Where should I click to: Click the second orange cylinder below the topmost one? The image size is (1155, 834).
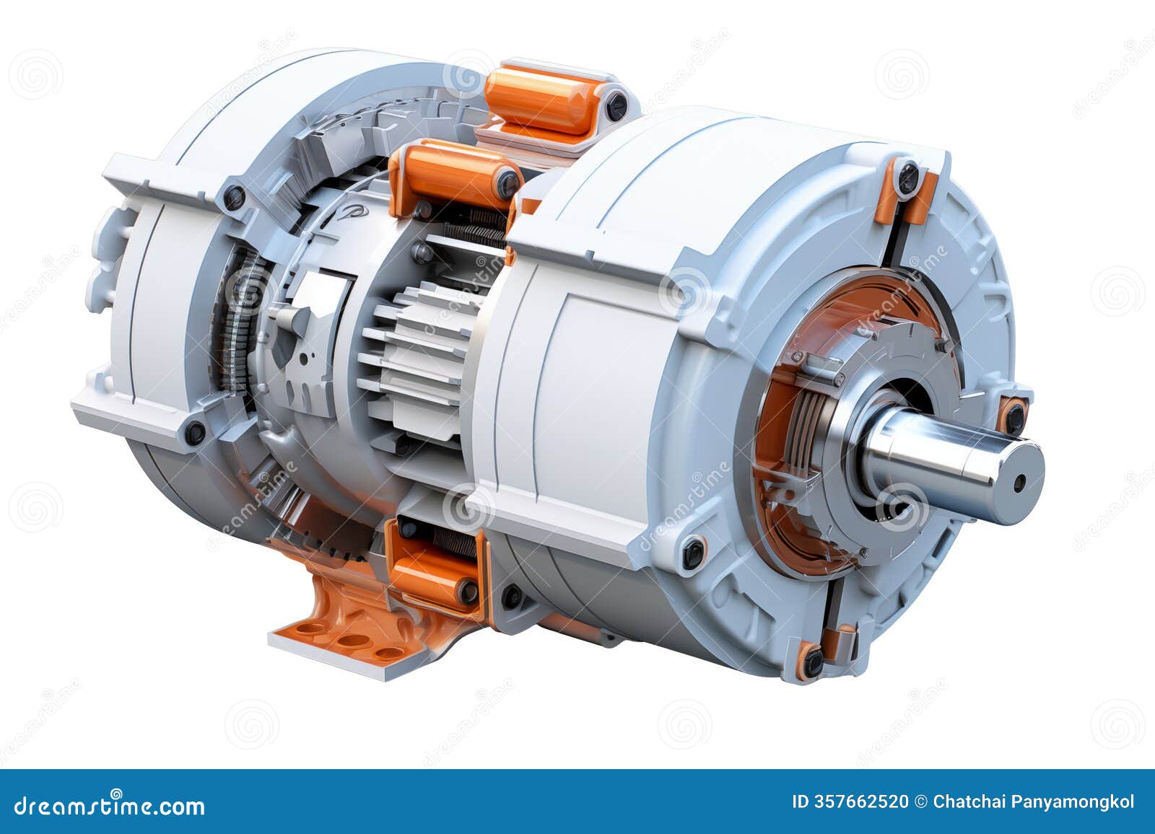coord(453,174)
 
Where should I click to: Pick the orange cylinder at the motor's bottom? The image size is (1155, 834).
coord(430,574)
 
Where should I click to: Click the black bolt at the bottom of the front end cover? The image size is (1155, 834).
coord(814,660)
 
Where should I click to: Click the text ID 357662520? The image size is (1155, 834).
coord(850,802)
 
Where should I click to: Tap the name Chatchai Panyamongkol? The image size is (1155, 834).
coord(1034,802)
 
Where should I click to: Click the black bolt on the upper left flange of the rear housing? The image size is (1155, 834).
coord(235,197)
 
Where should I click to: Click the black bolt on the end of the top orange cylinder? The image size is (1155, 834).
coord(616,105)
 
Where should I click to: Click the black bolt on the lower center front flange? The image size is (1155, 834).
coord(693,551)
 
